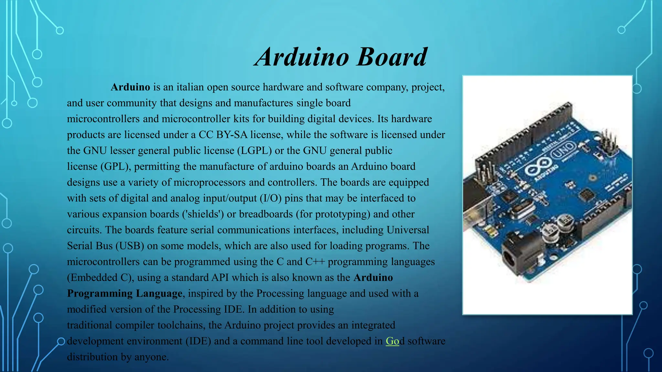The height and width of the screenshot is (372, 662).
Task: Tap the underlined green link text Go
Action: pos(392,341)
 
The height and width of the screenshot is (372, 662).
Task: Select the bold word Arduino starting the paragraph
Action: pos(130,87)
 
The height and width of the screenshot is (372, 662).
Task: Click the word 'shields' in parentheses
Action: pos(203,214)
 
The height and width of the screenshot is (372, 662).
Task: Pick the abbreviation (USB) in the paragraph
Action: pos(130,246)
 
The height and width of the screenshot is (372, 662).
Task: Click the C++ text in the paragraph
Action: pos(315,262)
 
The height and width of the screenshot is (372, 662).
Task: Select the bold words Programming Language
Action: pos(125,293)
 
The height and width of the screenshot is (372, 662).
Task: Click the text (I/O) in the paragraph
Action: pos(271,198)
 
